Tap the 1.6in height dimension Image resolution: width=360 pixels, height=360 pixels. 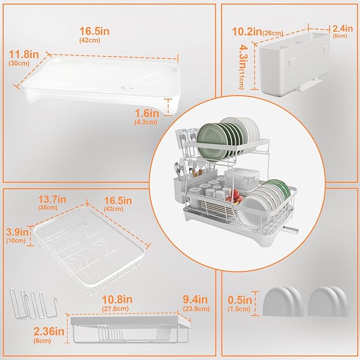click(146, 112)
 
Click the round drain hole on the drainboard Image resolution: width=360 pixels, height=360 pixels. click(126, 86)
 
